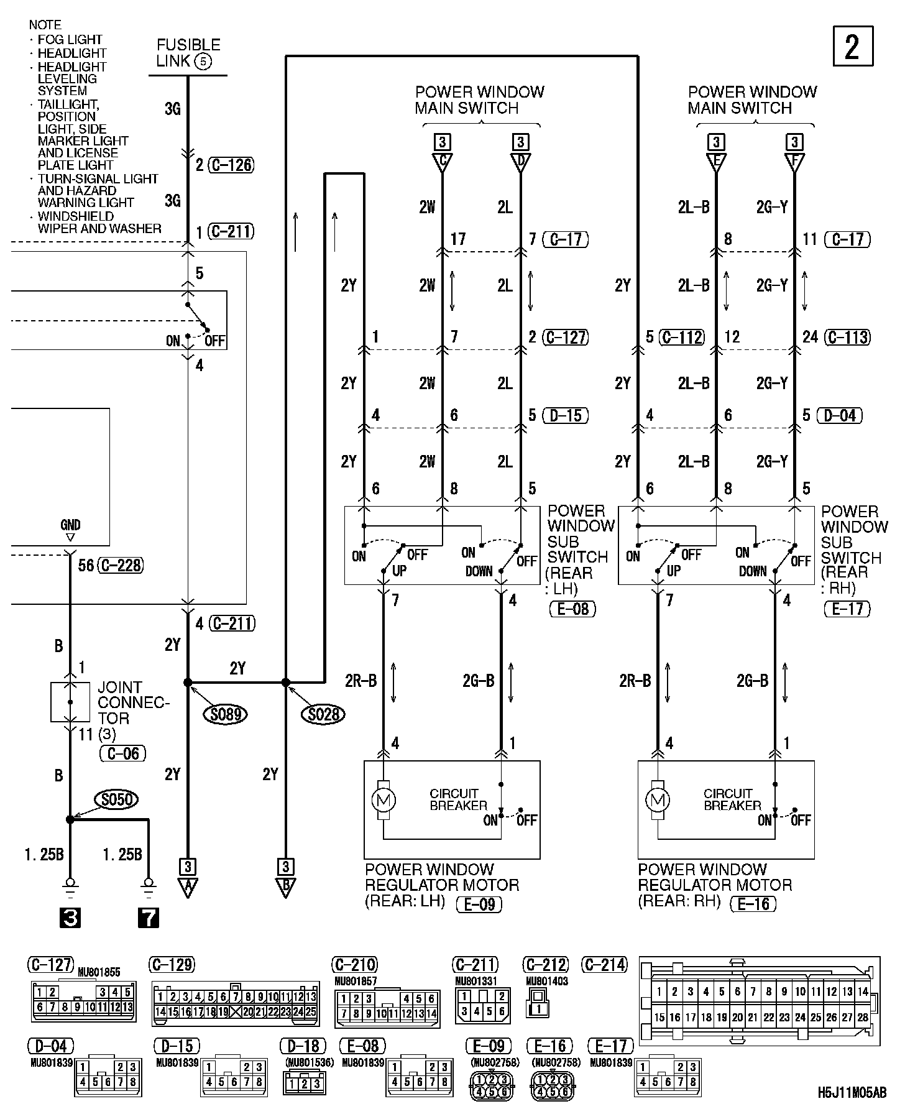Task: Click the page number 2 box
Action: coord(852,46)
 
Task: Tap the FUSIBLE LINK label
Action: coord(188,53)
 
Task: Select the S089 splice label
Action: coord(224,714)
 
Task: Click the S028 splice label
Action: coord(323,714)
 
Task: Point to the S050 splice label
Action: coord(117,799)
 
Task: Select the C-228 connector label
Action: coord(121,565)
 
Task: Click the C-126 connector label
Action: coord(231,165)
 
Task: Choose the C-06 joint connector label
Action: coord(122,753)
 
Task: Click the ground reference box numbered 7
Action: coord(148,918)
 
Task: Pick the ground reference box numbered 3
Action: coord(70,918)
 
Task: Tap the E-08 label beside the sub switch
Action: coord(572,609)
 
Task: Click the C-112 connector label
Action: coord(682,337)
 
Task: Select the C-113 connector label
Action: coord(847,337)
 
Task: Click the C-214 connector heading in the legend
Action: coord(605,965)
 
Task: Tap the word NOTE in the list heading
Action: coord(45,25)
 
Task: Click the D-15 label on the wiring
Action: coord(566,415)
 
